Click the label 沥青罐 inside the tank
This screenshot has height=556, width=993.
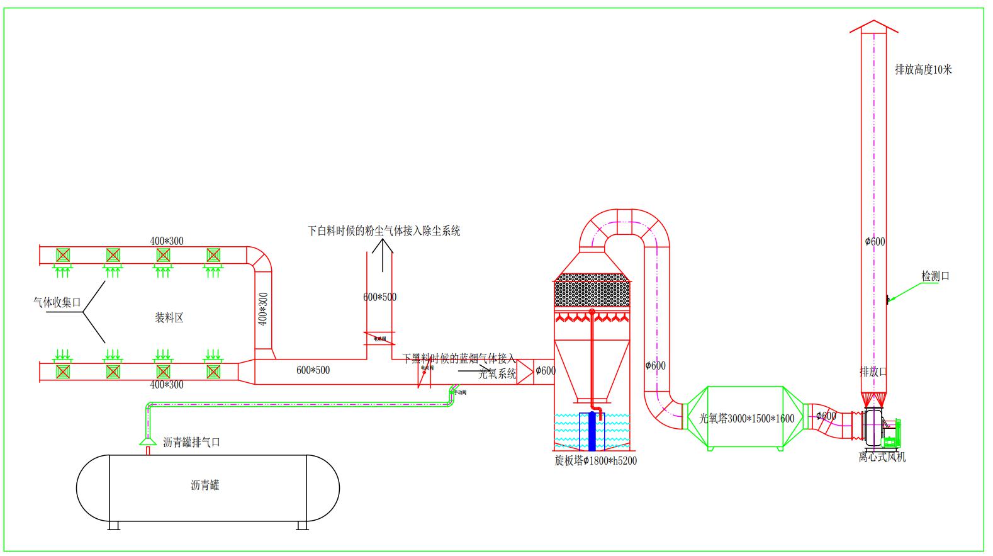(x=205, y=485)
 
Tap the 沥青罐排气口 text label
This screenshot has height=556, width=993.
(x=191, y=443)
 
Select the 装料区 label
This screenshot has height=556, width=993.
(x=169, y=318)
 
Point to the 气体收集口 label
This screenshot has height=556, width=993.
(x=57, y=302)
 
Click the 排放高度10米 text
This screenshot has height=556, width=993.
(x=923, y=70)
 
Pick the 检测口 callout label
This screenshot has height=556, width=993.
(x=935, y=276)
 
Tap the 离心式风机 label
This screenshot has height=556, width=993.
(x=882, y=457)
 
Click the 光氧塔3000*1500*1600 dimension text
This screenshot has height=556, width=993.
(x=747, y=419)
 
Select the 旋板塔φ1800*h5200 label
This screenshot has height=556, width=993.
(x=595, y=461)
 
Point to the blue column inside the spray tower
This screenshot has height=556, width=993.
(x=591, y=431)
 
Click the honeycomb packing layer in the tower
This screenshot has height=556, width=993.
(x=592, y=291)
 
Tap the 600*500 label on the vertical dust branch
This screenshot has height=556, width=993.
(x=379, y=297)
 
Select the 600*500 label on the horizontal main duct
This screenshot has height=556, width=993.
(x=313, y=370)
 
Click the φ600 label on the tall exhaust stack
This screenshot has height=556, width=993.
(x=875, y=241)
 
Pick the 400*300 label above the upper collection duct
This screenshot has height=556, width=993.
(x=167, y=241)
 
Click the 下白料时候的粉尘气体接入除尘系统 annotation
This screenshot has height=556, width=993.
(x=384, y=231)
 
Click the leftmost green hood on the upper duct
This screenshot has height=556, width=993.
(x=62, y=255)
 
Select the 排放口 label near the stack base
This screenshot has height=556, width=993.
(x=873, y=372)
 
